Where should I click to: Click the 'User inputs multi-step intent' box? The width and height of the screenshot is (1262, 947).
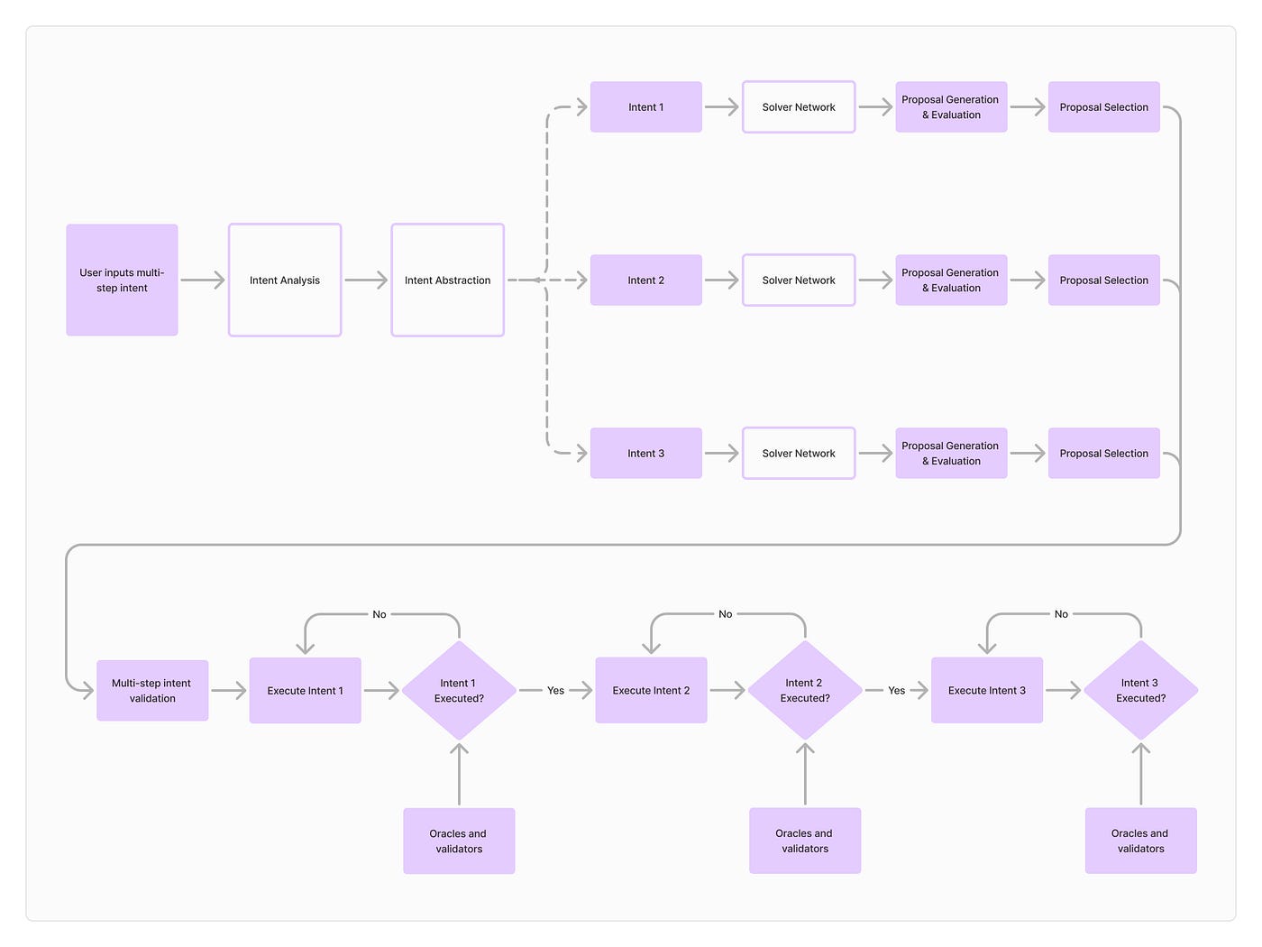[122, 280]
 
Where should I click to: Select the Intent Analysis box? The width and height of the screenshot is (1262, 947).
[285, 280]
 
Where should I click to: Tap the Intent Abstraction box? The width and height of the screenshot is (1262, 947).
[447, 280]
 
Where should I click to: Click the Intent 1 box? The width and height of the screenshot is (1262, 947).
[645, 107]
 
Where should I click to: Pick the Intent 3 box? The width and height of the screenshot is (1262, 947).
[645, 454]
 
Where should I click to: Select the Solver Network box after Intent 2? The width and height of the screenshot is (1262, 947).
[799, 280]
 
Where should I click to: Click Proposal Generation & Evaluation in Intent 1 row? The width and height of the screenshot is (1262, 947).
[951, 107]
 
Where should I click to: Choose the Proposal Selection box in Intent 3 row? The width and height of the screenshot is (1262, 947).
[1103, 454]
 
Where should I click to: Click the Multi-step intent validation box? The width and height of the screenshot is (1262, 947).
[152, 691]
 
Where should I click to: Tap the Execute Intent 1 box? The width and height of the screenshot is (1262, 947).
[305, 691]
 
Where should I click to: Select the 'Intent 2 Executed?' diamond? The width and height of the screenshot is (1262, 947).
[804, 691]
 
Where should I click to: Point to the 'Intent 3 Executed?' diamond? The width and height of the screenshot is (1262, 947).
[1140, 691]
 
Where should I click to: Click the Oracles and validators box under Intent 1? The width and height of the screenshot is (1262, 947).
[459, 841]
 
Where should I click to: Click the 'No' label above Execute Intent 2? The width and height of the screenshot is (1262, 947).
[726, 614]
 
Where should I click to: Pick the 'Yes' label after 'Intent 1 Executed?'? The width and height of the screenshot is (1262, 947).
[555, 691]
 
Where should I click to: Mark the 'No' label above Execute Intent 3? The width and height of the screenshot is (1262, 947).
[1061, 614]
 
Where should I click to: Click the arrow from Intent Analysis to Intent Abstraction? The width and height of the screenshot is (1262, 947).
[366, 280]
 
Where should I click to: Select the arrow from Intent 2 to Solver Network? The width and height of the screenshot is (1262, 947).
[722, 280]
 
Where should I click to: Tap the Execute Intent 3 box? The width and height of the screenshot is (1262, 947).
[986, 691]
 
